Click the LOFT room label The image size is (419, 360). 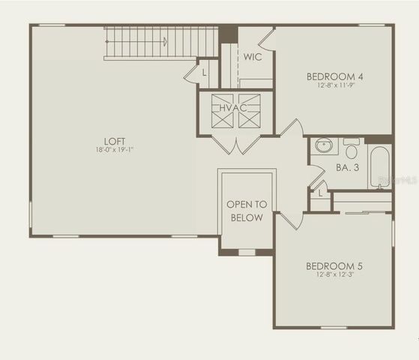pos(115,141)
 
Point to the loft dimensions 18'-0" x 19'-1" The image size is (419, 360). pos(115,150)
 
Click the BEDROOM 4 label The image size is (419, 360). pos(334,76)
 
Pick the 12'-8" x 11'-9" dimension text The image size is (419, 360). pos(334,85)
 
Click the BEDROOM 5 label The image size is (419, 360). pos(334,265)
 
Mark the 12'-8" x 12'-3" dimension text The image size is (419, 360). pos(334,274)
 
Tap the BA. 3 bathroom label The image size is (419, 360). pos(347,168)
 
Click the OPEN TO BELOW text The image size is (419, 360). pos(246,211)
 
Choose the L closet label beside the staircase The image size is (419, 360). pos(205,73)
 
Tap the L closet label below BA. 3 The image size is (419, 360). pos(320,193)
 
